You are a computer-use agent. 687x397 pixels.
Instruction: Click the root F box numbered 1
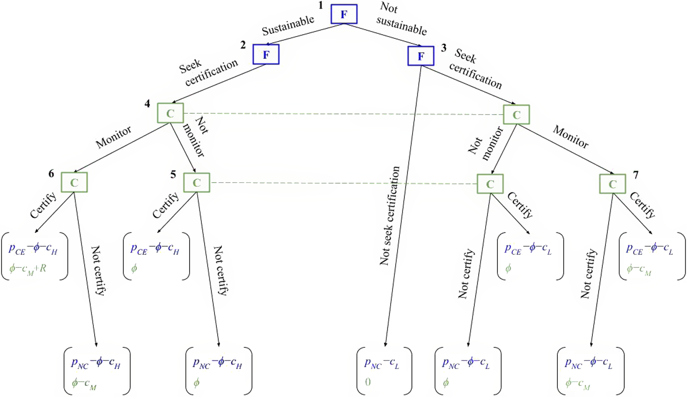pyautogui.click(x=344, y=14)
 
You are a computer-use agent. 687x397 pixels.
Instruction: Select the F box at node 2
pyautogui.click(x=266, y=55)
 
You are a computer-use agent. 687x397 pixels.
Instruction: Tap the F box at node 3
pyautogui.click(x=421, y=56)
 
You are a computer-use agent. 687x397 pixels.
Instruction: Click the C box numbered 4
pyautogui.click(x=170, y=113)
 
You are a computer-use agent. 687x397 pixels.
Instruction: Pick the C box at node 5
pyautogui.click(x=197, y=183)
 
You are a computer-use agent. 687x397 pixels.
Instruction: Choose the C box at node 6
pyautogui.click(x=74, y=183)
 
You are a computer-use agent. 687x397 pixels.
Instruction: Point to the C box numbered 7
pyautogui.click(x=613, y=184)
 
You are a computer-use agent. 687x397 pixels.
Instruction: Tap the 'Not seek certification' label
pyautogui.click(x=390, y=216)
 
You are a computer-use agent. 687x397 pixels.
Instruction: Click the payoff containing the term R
pyautogui.click(x=34, y=256)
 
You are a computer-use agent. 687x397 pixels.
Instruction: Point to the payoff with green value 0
pyautogui.click(x=384, y=371)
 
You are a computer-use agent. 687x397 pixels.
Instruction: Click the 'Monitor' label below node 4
pyautogui.click(x=114, y=137)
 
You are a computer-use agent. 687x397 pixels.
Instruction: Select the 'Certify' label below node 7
pyautogui.click(x=643, y=205)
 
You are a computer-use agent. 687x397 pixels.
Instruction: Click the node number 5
pyautogui.click(x=173, y=175)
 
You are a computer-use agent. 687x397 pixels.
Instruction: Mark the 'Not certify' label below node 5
pyautogui.click(x=221, y=270)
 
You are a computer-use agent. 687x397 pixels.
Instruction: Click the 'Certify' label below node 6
pyautogui.click(x=43, y=205)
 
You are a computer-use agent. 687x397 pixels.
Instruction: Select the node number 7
pyautogui.click(x=636, y=175)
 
